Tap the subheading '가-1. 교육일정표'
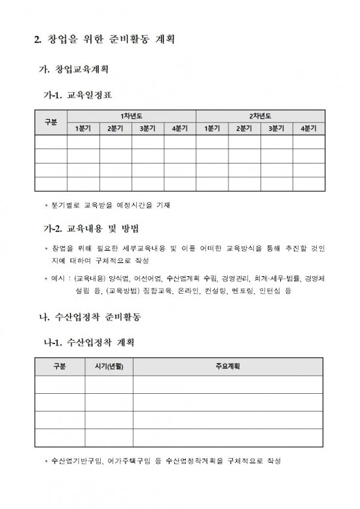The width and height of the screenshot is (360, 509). click(77, 95)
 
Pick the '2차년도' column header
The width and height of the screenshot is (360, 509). click(260, 116)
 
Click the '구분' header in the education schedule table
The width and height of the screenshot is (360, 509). click(50, 122)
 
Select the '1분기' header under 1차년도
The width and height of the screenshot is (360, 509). click(83, 128)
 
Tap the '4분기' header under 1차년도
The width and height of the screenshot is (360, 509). click(179, 128)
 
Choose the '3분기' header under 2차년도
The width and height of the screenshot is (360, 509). click(276, 128)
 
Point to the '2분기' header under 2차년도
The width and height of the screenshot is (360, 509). click(243, 128)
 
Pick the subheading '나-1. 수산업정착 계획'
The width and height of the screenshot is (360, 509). click(88, 342)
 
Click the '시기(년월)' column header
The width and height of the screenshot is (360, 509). click(108, 366)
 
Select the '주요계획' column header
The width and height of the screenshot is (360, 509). click(227, 366)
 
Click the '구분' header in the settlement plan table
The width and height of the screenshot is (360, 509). click(59, 366)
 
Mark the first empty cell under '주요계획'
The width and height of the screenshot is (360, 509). click(227, 384)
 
